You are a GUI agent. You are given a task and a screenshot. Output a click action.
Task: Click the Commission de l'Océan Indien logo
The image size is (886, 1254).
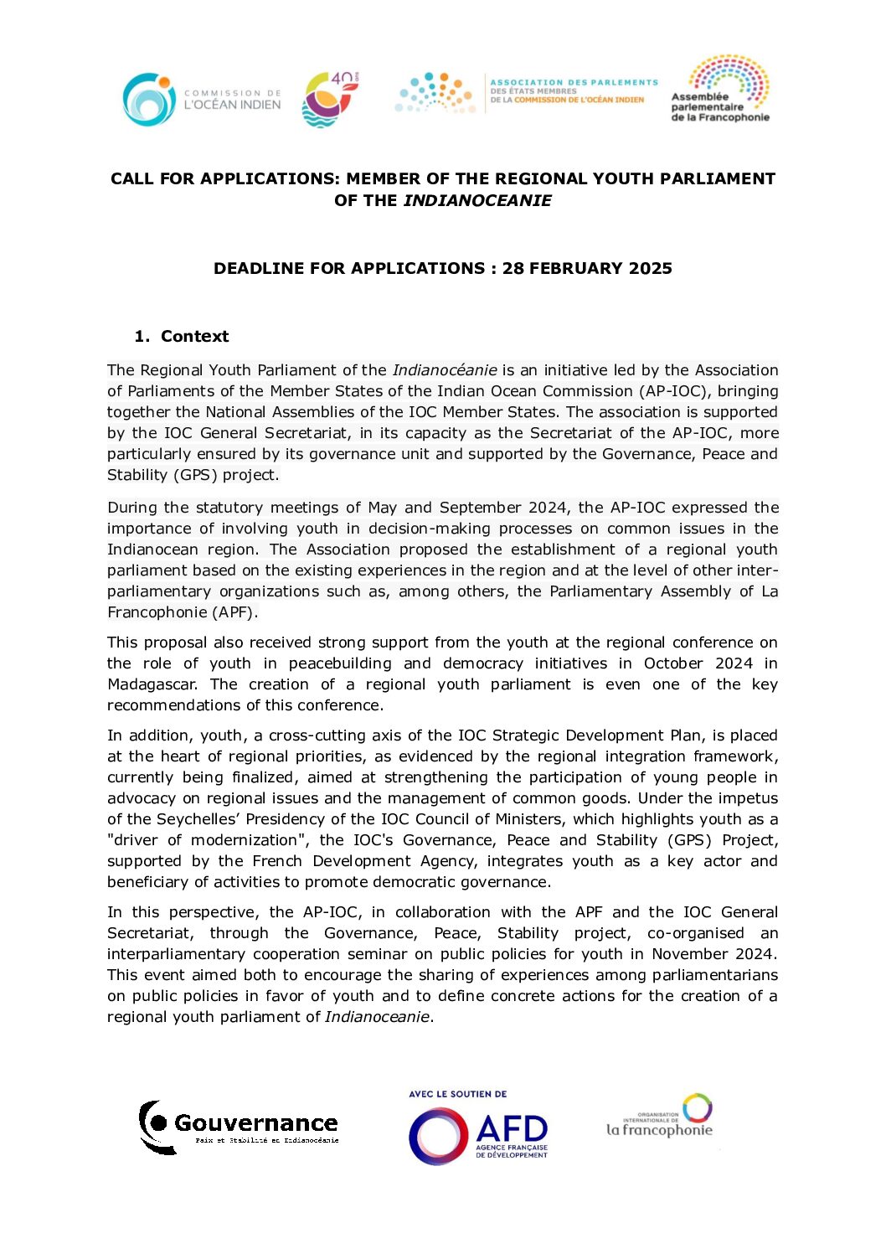202,100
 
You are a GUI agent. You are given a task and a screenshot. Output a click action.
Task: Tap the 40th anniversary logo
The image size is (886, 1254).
330,99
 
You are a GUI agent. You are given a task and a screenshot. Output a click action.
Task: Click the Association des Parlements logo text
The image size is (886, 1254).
573,91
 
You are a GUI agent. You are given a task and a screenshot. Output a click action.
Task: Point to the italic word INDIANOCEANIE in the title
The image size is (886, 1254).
477,201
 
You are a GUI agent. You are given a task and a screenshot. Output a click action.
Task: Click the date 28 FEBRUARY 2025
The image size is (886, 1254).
587,269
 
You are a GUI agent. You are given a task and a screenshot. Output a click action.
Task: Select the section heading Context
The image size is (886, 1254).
194,337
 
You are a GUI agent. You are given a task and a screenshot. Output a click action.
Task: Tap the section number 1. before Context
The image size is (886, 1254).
142,337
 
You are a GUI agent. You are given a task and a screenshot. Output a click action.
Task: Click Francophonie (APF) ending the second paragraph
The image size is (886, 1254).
182,612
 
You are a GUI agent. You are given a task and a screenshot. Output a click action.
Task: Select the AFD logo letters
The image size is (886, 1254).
512,1128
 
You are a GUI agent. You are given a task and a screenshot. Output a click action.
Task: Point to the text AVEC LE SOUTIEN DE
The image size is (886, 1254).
458,1094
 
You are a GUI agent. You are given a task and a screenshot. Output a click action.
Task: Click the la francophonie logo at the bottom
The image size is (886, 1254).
660,1117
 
